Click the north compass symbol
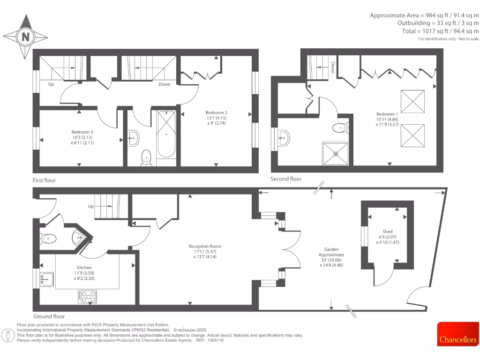pyautogui.click(x=25, y=37)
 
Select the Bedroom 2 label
pyautogui.click(x=216, y=112)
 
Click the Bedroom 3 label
pyautogui.click(x=82, y=132)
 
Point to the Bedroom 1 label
pyautogui.click(x=387, y=114)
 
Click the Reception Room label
pyautogui.click(x=205, y=246)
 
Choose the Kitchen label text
pyautogui.click(x=85, y=268)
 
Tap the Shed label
pyautogui.click(x=387, y=231)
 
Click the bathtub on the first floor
pyautogui.click(x=166, y=135)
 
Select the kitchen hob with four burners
pyautogui.click(x=88, y=296)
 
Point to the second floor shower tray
pyautogui.click(x=335, y=153)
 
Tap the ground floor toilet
pyautogui.click(x=49, y=239)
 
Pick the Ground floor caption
pyautogui.click(x=49, y=316)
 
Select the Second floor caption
pyautogui.click(x=286, y=179)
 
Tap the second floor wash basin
pyautogui.click(x=284, y=137)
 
